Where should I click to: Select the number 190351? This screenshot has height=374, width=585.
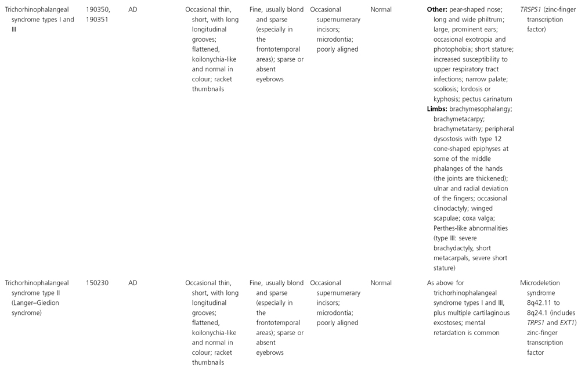pos(92,19)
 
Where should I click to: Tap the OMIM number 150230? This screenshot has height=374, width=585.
pos(92,283)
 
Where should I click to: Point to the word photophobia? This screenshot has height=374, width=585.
pos(454,49)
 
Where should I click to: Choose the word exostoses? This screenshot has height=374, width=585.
pos(450,323)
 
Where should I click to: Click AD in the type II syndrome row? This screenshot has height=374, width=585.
pos(133,283)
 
